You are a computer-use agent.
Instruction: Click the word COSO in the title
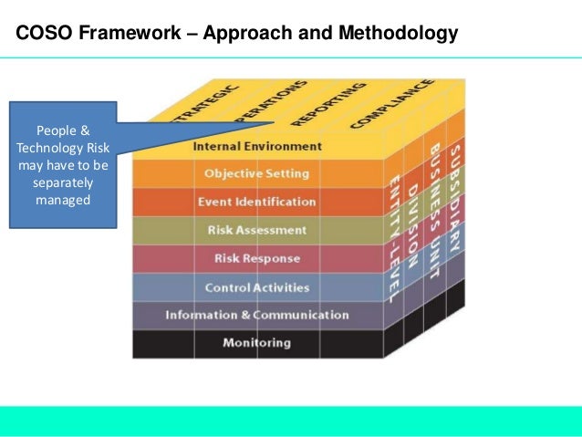click(44, 36)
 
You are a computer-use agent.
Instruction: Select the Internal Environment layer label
click(257, 146)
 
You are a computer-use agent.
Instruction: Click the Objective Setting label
click(256, 173)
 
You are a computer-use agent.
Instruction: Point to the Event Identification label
click(256, 202)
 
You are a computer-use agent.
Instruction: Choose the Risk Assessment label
click(256, 230)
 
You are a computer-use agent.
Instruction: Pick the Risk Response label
click(256, 258)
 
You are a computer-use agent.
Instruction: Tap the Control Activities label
click(256, 287)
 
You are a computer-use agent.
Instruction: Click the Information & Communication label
click(256, 315)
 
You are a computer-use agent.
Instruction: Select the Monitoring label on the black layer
click(256, 343)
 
